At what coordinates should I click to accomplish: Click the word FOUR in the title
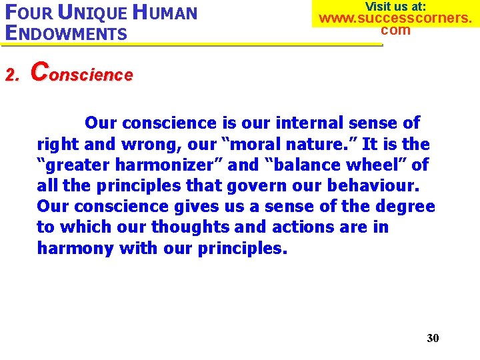tap(27, 13)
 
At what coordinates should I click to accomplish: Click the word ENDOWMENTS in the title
tap(65, 33)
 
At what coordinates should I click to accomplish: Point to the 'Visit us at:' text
tap(395, 7)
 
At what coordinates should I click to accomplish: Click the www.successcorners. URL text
tap(395, 18)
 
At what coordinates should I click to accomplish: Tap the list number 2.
tap(10, 75)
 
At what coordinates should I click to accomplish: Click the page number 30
tap(433, 338)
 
